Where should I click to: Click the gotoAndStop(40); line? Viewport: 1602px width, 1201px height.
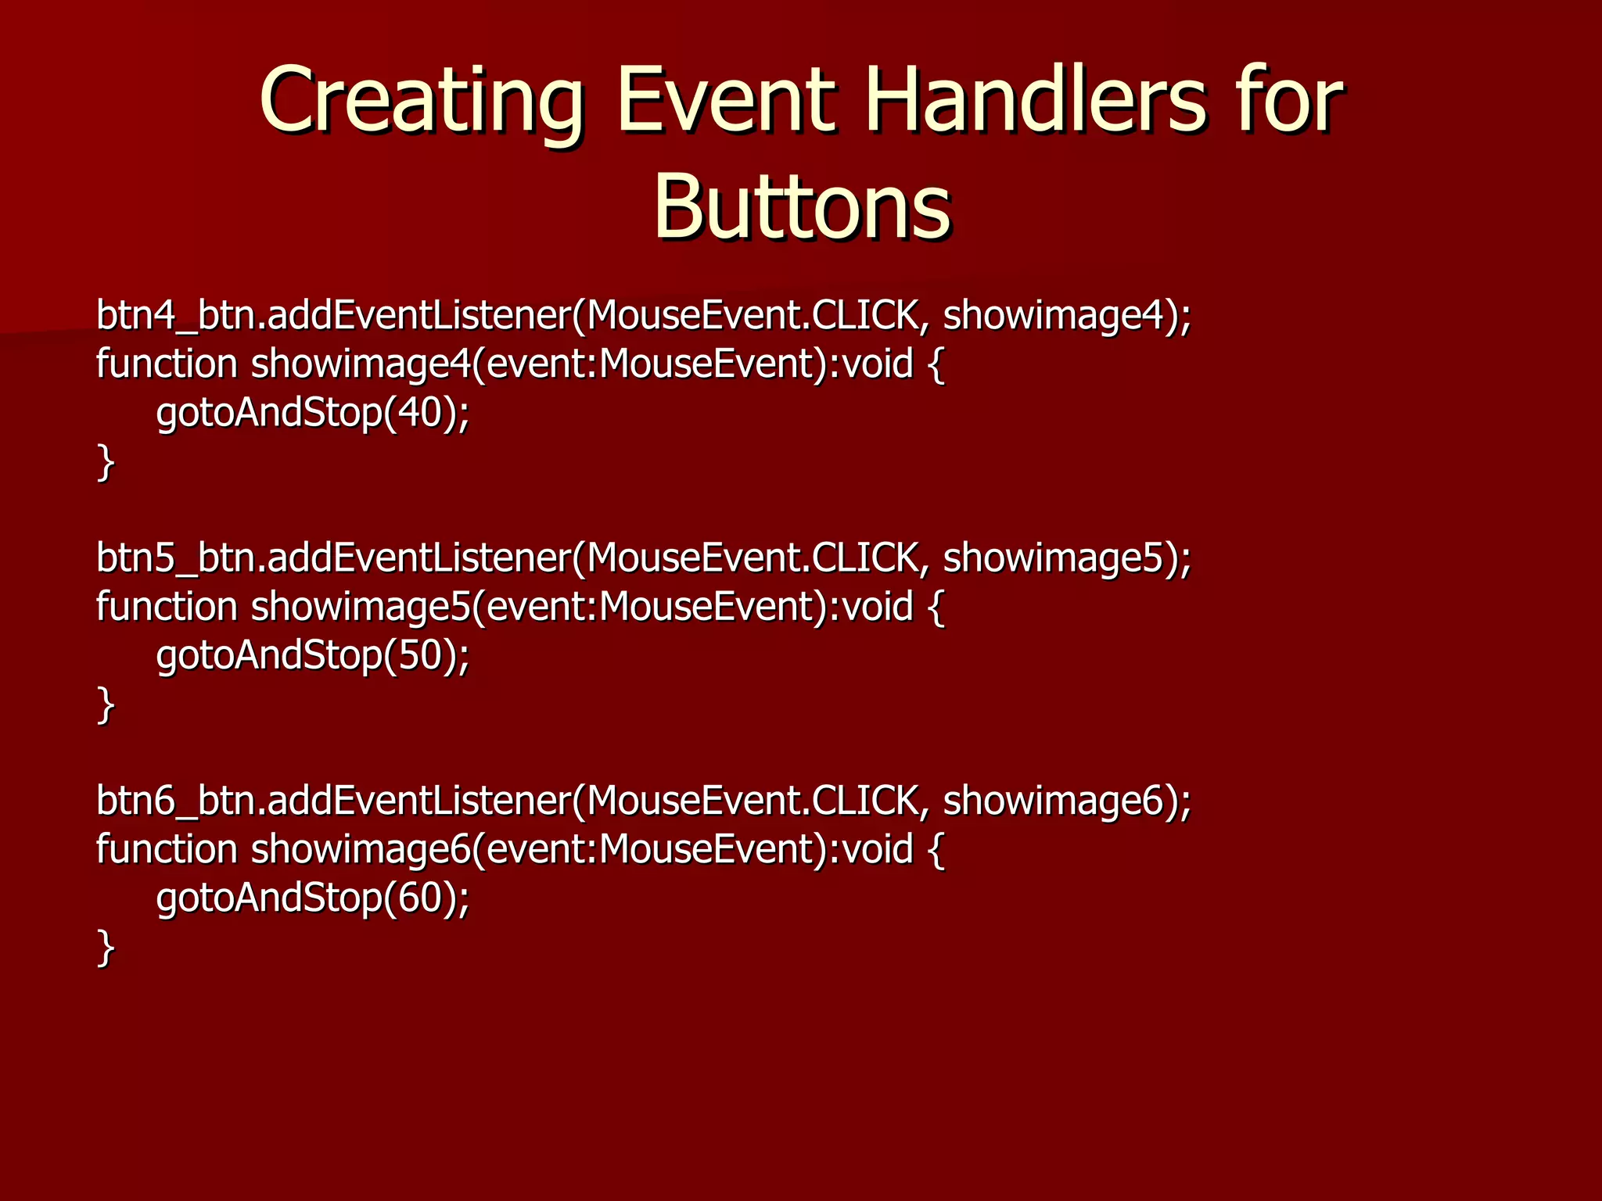[313, 412]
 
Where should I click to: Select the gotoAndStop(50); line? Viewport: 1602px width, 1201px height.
[313, 654]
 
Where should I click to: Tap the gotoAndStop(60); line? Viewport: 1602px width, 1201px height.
[313, 897]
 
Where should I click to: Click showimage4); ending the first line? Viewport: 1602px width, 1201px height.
[1067, 315]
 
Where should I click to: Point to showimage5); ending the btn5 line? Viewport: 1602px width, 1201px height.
[1067, 557]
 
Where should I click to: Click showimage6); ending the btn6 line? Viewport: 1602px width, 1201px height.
[1067, 800]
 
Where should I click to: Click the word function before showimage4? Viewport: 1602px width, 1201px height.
[167, 364]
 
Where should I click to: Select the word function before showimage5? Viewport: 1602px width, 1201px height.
[167, 606]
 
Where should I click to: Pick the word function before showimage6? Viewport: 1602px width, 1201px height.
[167, 848]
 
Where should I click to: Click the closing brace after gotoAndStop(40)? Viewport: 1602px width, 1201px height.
[106, 462]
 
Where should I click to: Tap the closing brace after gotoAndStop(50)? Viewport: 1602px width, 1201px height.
[106, 704]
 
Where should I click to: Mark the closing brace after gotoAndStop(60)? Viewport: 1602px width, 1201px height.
[106, 947]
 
